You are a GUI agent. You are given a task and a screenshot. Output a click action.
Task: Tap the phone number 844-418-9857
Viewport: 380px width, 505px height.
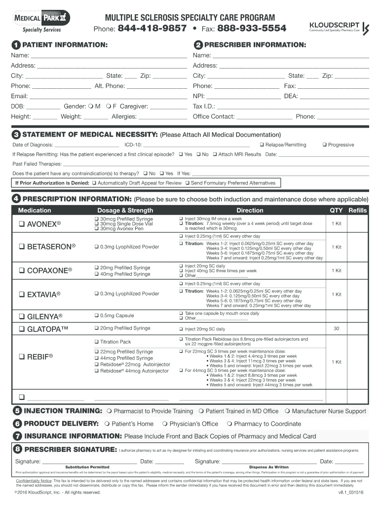152,28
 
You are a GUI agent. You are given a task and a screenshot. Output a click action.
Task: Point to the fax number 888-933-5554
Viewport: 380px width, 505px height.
252,28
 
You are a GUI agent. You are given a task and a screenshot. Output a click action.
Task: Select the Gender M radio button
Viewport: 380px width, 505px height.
91,106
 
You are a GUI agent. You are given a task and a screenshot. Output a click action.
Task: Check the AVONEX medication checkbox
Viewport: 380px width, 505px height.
22,224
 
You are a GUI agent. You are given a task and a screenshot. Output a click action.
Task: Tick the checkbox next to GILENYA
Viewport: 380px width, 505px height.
22,316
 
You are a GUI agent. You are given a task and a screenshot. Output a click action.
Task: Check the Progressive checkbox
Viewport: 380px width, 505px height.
324,145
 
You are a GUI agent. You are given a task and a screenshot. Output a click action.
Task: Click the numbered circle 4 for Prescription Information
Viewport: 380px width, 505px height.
17,199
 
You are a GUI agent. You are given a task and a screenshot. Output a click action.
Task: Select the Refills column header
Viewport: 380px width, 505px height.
358,210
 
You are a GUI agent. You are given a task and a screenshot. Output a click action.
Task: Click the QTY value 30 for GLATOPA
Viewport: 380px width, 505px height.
337,328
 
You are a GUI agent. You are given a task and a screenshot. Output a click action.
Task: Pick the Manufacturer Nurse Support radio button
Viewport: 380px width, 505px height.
287,411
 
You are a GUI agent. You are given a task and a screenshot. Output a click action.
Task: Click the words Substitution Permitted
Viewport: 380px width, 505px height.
87,467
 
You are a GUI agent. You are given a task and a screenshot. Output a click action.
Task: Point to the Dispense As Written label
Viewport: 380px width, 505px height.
269,467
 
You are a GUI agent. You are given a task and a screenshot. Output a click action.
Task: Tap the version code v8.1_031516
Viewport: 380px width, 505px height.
351,492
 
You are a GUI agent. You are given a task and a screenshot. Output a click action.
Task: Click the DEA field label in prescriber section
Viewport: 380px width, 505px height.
291,96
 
